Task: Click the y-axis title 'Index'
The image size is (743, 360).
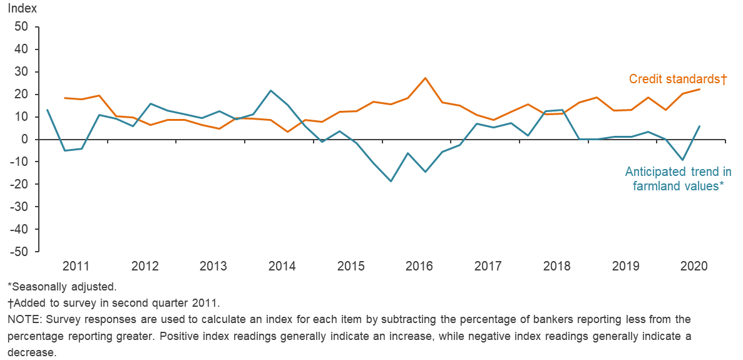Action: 23,9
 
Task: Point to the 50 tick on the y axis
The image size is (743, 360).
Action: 22,27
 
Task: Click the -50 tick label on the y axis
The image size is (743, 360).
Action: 19,252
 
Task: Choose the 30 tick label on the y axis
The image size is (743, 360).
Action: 22,72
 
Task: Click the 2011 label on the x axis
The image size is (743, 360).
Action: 76,266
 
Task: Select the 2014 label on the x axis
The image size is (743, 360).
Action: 282,266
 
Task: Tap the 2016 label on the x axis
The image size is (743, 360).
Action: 419,266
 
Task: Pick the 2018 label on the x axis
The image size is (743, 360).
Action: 556,266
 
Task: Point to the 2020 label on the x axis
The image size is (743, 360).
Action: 694,266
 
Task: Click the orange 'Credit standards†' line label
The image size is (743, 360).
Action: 677,80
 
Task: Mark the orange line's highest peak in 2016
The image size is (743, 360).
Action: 426,78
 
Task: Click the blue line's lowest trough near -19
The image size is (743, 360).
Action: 391,182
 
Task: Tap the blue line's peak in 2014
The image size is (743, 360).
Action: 270,91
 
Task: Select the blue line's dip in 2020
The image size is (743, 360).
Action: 683,160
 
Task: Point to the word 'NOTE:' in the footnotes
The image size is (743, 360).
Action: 24,319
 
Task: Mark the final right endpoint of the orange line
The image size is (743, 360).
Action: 700,89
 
